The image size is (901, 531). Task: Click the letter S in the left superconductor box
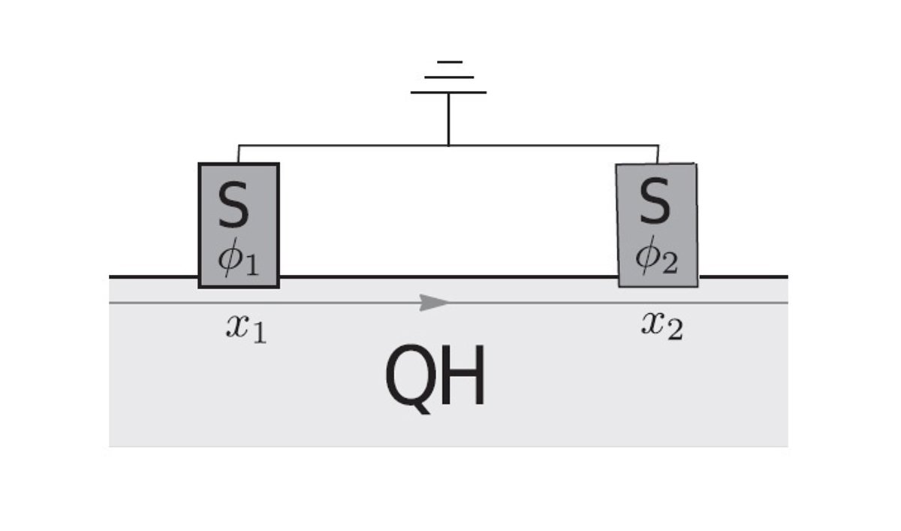click(234, 204)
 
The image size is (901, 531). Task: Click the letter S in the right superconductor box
click(655, 201)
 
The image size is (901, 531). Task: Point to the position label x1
click(246, 329)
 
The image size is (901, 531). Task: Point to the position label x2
click(662, 326)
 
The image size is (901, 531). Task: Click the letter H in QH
click(463, 375)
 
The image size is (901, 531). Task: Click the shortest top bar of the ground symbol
click(449, 62)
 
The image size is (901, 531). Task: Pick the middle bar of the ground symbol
click(449, 77)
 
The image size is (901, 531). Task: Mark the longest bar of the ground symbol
click(448, 92)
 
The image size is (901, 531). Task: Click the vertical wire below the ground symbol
click(448, 119)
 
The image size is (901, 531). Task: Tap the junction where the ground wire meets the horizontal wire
click(448, 145)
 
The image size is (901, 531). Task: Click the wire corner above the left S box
click(239, 145)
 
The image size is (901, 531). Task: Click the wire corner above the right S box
click(658, 145)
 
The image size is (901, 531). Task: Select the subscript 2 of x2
click(674, 330)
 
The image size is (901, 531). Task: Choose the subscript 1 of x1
click(260, 333)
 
